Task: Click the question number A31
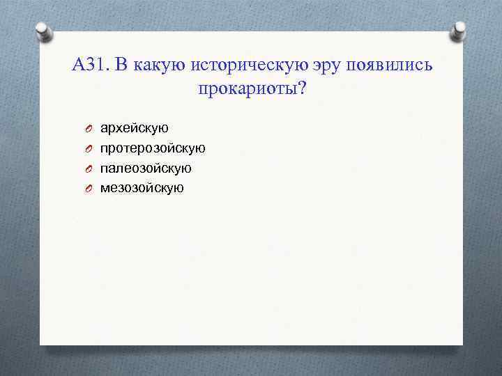coord(89,66)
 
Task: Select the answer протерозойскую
coord(153,148)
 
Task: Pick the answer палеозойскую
coord(146,168)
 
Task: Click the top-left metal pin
coord(43,31)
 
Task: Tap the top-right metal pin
coord(459,31)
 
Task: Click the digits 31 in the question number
coord(96,66)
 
